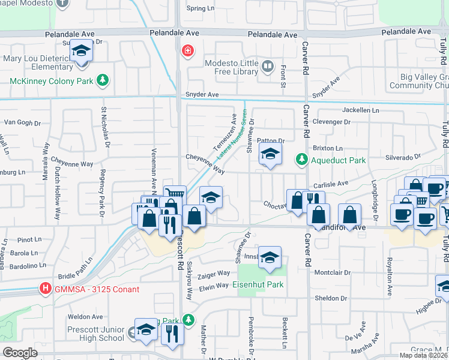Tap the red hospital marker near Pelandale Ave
coord(188,50)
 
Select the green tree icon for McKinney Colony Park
coord(103,80)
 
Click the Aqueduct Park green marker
coord(301,160)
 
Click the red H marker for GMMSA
coord(44,289)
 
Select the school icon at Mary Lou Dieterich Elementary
coord(80,52)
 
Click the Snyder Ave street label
coord(202,95)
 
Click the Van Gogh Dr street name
coord(22,122)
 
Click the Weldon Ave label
coord(86,316)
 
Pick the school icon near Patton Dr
coord(270,156)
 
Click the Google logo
coord(20,353)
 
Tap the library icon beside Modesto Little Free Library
coord(268,66)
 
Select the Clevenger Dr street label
coord(331,122)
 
